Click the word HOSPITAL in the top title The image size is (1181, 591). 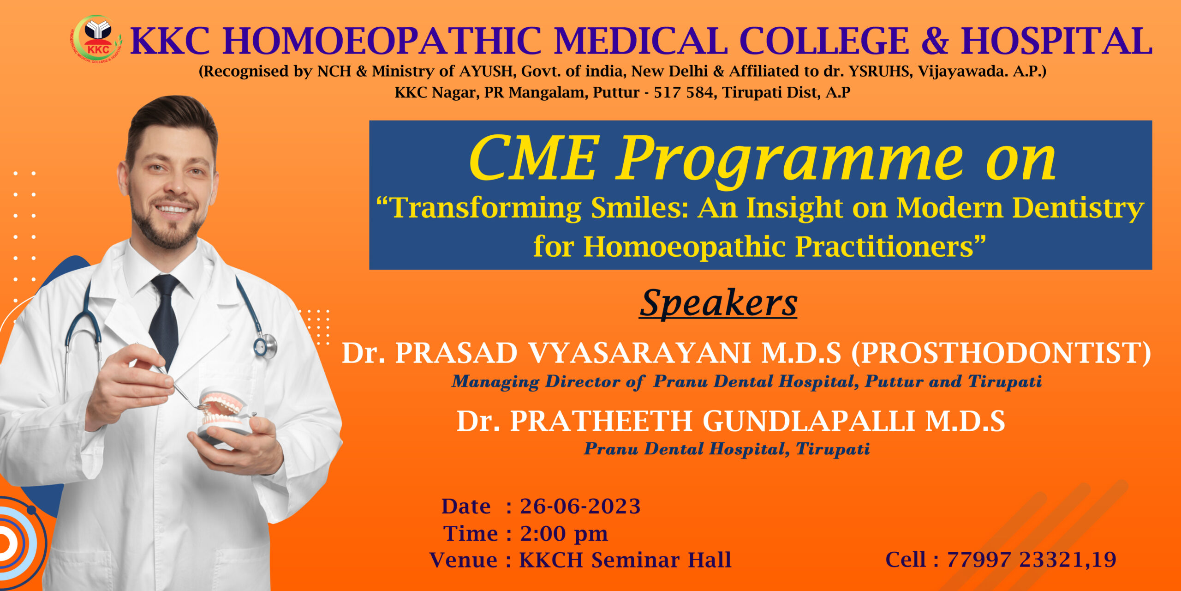(1056, 41)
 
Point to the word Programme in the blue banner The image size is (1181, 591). (790, 159)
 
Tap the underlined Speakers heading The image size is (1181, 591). (718, 303)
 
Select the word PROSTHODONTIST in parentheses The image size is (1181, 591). (1001, 353)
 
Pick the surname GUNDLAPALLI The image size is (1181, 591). (809, 421)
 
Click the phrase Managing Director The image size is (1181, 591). (536, 382)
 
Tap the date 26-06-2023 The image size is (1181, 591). (580, 507)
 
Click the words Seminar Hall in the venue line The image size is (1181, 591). (661, 560)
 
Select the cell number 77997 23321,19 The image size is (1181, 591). (1032, 560)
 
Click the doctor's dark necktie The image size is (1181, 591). (165, 319)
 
